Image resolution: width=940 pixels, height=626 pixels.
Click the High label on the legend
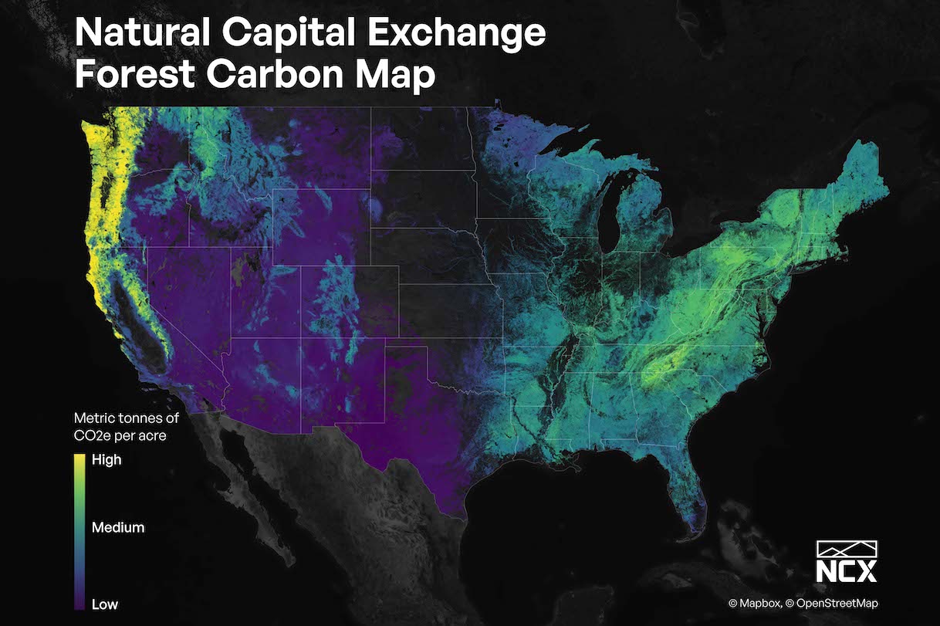point(107,460)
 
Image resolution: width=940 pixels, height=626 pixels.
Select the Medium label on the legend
point(118,528)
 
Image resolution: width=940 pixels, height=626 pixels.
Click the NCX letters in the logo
point(847,573)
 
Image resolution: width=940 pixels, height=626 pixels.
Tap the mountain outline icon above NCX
point(847,548)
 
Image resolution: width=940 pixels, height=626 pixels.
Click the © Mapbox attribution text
point(753,604)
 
